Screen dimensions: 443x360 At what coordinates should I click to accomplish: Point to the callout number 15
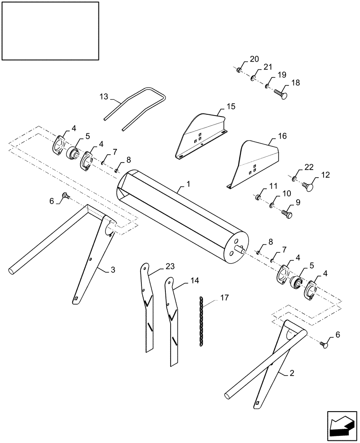point(231,106)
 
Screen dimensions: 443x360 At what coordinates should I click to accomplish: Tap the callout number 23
point(158,266)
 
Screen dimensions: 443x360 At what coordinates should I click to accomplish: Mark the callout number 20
point(254,59)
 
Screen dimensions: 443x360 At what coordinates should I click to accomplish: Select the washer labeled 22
point(294,179)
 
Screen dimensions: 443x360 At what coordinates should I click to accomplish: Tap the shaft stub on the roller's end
point(242,249)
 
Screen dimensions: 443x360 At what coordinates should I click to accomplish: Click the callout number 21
point(267,67)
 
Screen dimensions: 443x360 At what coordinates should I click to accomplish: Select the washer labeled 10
point(271,205)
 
